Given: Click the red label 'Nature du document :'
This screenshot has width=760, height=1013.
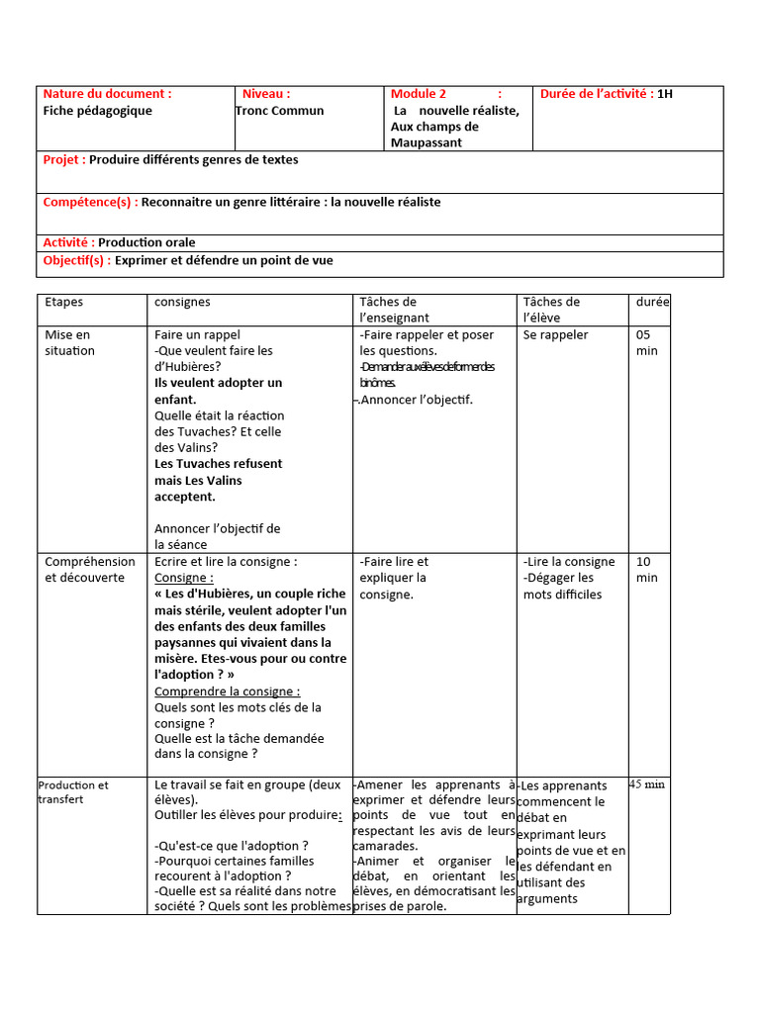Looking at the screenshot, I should [x=107, y=94].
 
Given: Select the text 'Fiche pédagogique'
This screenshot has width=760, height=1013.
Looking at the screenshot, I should [x=98, y=111].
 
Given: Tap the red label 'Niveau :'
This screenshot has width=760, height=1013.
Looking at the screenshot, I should [x=266, y=94].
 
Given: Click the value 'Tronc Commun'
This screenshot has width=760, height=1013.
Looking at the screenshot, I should [x=280, y=111].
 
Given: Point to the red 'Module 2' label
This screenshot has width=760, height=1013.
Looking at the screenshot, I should [x=419, y=94].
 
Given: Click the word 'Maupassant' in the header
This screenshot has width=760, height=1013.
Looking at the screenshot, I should [x=427, y=142].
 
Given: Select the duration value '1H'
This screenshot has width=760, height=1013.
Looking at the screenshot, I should [x=665, y=94].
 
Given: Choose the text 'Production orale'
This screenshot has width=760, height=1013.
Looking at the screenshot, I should [x=146, y=242].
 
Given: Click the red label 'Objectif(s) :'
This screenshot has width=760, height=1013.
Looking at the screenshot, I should [x=77, y=261].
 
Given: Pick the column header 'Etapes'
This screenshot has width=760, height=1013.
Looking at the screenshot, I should [x=64, y=302].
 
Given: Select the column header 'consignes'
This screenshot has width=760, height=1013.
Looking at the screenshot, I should [x=183, y=302].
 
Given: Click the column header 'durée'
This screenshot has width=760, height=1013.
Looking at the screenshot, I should [x=652, y=302].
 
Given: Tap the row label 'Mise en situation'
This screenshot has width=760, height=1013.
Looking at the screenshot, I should [x=69, y=342].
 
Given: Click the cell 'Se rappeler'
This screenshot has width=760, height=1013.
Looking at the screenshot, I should [x=555, y=334].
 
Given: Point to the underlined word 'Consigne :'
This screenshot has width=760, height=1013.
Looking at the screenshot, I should [x=184, y=578].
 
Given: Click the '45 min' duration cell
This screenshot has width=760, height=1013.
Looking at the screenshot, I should [x=647, y=783].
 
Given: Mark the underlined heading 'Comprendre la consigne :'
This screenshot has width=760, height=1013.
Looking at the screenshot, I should [x=228, y=691].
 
